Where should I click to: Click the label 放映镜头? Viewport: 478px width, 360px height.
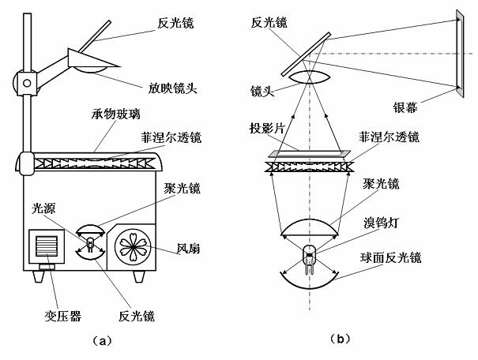[x=172, y=88]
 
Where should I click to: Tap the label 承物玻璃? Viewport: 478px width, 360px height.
[x=116, y=114]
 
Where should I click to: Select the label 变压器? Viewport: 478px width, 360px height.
[x=62, y=316]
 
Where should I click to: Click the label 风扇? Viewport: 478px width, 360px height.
[x=189, y=248]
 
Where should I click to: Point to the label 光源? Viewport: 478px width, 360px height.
[x=43, y=208]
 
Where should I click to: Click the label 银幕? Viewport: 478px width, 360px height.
[x=405, y=107]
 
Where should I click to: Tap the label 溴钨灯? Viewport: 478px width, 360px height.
[x=381, y=223]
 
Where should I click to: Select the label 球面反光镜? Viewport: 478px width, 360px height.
[x=390, y=258]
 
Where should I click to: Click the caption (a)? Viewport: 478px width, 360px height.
[x=102, y=340]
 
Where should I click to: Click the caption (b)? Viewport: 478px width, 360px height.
[x=340, y=339]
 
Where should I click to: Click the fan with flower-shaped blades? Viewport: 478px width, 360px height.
[x=133, y=246]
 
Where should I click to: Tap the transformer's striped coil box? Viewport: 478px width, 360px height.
[x=47, y=246]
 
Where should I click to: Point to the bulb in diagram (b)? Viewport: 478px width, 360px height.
[x=310, y=259]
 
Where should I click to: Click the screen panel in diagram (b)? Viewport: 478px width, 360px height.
[x=460, y=54]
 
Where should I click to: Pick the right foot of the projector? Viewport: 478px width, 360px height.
[x=138, y=276]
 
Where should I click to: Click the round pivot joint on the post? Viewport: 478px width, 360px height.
[x=27, y=83]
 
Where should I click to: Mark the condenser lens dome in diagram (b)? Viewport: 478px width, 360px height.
[x=310, y=227]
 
